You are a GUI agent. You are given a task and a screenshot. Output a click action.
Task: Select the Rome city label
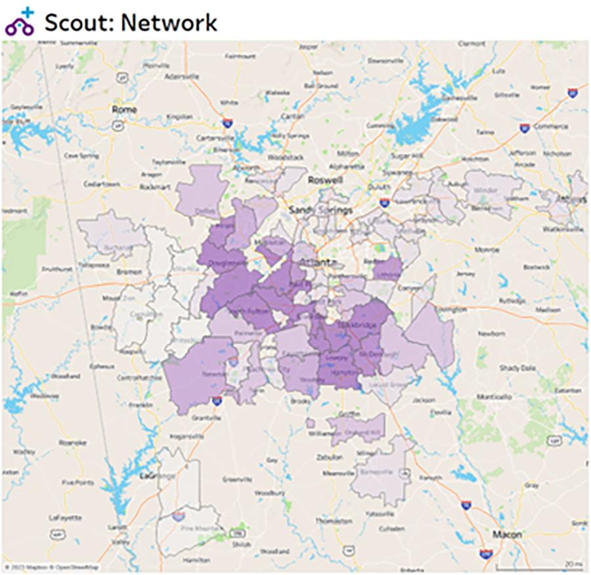(x=124, y=109)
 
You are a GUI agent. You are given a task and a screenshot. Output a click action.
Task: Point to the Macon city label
(x=507, y=534)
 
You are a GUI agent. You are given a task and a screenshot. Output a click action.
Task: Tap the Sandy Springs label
(x=322, y=210)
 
